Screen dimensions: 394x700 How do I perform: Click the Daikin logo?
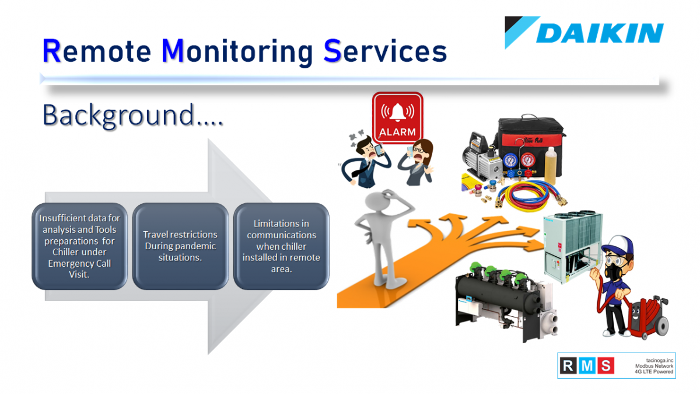pos(584,33)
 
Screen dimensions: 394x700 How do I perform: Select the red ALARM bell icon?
pos(397,117)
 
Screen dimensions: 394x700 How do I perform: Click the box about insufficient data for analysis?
pos(79,246)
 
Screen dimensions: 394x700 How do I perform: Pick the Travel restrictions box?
pos(180,246)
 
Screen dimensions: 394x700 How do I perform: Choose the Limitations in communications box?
pos(281,246)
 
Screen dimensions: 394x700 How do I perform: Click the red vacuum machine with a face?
pos(647,316)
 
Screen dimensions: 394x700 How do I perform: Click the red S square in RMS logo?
pos(605,365)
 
